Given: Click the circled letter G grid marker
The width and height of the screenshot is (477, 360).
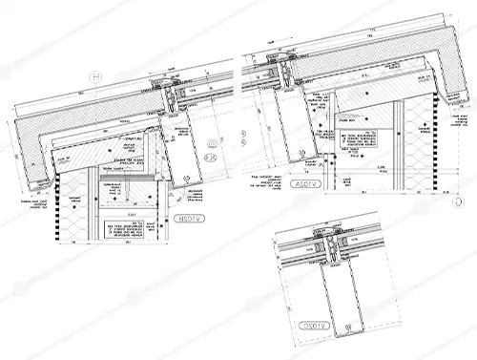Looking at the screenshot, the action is [x=457, y=201].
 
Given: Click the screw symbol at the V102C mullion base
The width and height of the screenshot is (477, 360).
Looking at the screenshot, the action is [x=338, y=328].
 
